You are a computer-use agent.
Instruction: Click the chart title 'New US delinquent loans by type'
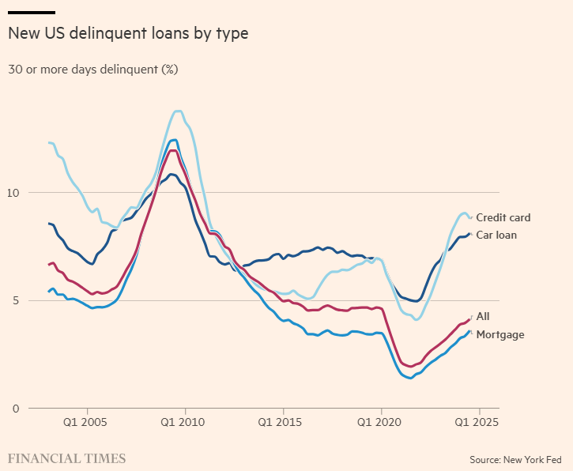[128, 34]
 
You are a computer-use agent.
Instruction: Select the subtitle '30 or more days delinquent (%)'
[93, 70]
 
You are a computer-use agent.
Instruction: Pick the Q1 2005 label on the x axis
[87, 422]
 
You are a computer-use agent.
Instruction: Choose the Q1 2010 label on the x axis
[185, 422]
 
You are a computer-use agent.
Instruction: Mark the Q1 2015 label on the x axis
[283, 422]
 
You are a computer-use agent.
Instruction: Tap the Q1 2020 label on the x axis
[381, 422]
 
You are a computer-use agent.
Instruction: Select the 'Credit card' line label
[503, 217]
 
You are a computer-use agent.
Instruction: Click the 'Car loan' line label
[496, 235]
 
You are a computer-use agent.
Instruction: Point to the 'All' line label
[483, 316]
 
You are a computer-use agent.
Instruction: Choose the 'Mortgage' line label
[499, 334]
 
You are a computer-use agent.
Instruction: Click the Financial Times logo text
[67, 458]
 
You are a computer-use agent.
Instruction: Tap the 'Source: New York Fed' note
[516, 459]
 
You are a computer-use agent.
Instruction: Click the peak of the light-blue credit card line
[178, 111]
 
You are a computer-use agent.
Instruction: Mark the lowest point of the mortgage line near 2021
[409, 378]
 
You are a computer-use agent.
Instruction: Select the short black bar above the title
[32, 13]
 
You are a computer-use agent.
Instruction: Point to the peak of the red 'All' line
[172, 150]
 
